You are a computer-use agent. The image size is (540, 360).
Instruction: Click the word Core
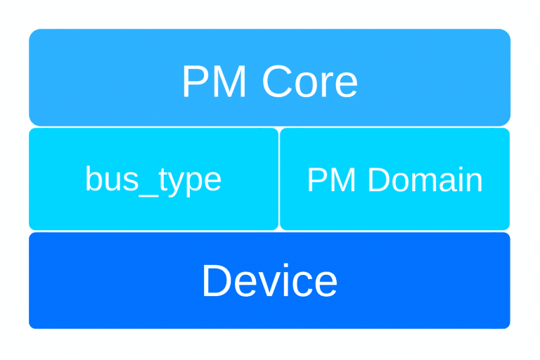pyautogui.click(x=310, y=82)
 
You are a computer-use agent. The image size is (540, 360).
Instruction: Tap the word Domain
pyautogui.click(x=425, y=180)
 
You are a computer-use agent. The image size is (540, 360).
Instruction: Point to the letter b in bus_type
pyautogui.click(x=93, y=180)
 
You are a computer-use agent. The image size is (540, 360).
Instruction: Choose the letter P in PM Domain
pyautogui.click(x=316, y=180)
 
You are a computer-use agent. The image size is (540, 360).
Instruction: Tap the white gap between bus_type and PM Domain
pyautogui.click(x=279, y=179)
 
